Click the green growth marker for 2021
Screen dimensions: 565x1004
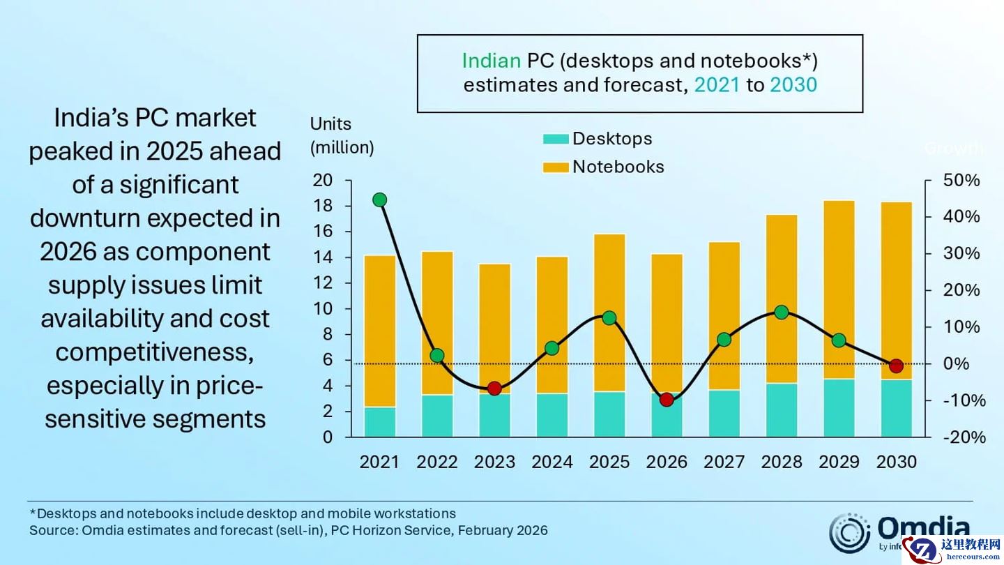[380, 200]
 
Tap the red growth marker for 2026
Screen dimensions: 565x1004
[667, 400]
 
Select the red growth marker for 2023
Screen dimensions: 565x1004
[494, 389]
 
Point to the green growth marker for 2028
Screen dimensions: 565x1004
[782, 312]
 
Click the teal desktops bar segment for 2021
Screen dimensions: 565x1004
[380, 422]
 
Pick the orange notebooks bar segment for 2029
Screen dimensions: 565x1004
[839, 289]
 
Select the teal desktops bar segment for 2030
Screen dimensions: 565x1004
[896, 408]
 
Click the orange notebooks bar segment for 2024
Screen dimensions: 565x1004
[552, 324]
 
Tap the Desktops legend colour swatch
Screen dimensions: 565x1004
[556, 140]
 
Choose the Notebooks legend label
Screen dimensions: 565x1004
[618, 167]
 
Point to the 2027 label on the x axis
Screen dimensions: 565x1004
[724, 462]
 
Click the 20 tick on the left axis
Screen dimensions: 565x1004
[324, 181]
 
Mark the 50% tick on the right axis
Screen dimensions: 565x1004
[963, 181]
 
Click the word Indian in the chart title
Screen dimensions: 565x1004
[492, 61]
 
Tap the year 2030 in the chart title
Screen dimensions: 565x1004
[793, 85]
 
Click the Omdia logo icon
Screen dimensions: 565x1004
[849, 534]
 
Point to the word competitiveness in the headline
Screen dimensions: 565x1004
[154, 352]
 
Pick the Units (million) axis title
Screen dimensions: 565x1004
[342, 136]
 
